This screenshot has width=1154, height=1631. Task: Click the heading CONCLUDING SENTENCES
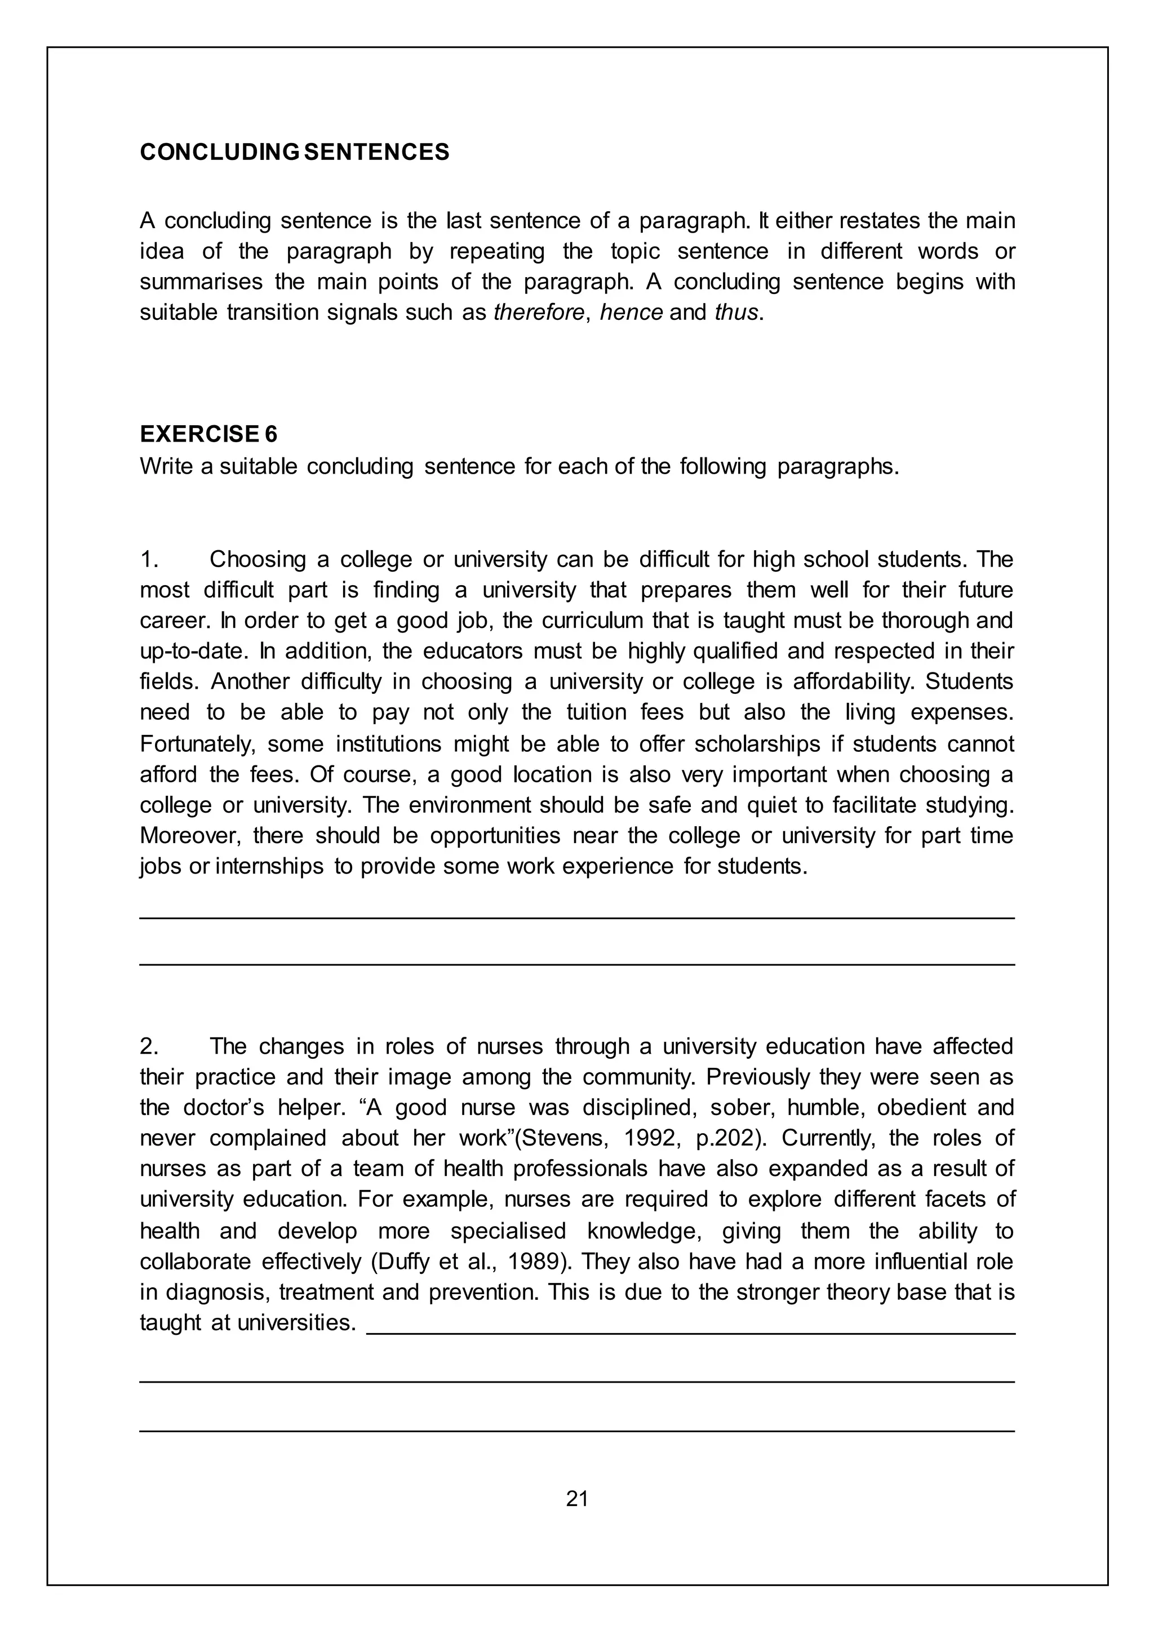click(x=294, y=152)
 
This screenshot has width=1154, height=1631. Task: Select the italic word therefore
click(x=538, y=313)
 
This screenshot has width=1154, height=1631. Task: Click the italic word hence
click(x=631, y=313)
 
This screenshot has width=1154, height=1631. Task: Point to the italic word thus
click(x=736, y=313)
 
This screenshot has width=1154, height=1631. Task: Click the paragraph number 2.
click(x=149, y=1046)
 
